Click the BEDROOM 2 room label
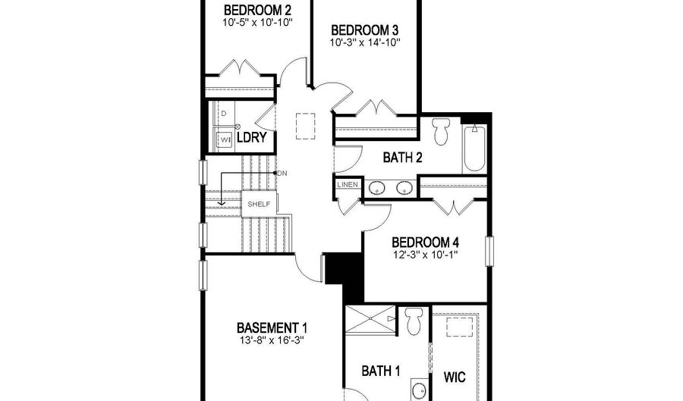(257, 10)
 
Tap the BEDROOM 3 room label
(364, 30)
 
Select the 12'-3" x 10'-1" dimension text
(425, 254)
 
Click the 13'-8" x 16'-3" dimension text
(272, 340)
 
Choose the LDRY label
(251, 138)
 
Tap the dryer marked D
(223, 114)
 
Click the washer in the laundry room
(225, 139)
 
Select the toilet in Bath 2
(441, 131)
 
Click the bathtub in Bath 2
(474, 149)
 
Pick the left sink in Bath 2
(376, 188)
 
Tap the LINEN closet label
(348, 184)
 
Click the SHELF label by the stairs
(260, 204)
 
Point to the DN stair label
(282, 173)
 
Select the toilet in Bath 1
(414, 321)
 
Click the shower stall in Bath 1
(370, 319)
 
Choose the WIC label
(455, 377)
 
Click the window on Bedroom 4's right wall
(489, 251)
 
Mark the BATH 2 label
(402, 158)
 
